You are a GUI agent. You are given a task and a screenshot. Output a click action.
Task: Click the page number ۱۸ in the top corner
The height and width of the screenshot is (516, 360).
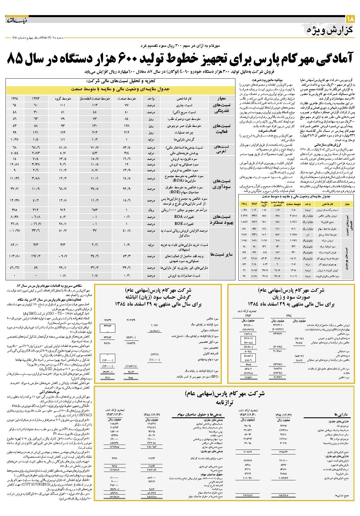(350, 19)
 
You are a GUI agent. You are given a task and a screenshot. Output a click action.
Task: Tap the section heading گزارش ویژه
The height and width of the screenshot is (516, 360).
(330, 30)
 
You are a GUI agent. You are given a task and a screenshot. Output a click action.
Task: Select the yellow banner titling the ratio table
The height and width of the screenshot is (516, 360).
(120, 89)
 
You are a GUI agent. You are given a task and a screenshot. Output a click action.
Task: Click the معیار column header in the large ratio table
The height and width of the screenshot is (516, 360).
(222, 99)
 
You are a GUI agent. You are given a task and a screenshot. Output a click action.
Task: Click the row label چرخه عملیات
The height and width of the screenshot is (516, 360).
(182, 132)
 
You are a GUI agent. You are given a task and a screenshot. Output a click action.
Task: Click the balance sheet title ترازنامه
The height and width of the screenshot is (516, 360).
(224, 403)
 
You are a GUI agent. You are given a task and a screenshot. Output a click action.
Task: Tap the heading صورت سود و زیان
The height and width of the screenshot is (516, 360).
(291, 297)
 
